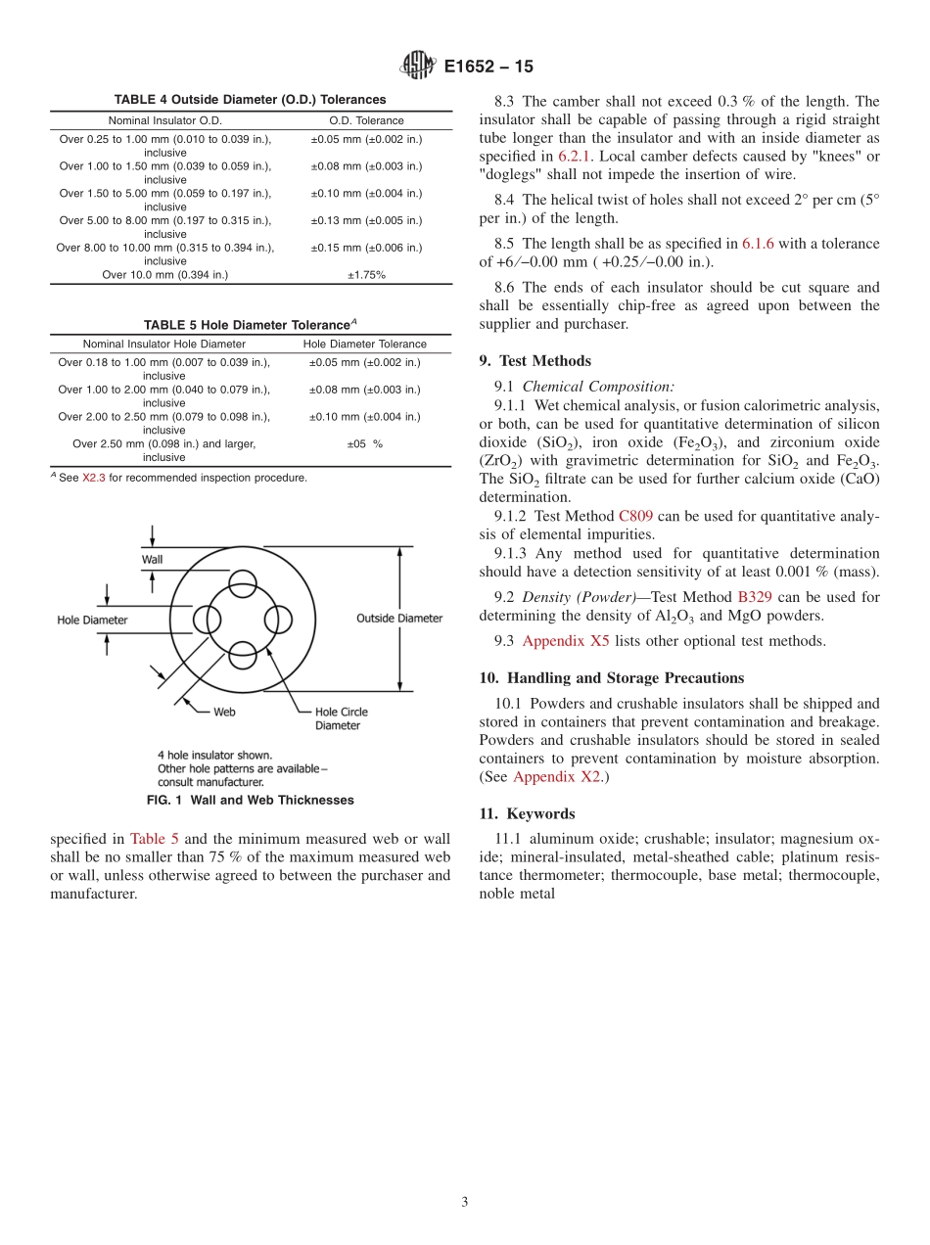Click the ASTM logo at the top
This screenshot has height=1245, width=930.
(x=419, y=67)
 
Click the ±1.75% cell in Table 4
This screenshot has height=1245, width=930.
(x=366, y=275)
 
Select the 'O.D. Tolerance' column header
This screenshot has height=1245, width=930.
(x=366, y=120)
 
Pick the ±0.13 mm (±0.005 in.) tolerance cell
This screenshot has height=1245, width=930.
(x=366, y=220)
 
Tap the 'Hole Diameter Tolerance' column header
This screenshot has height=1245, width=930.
(x=364, y=344)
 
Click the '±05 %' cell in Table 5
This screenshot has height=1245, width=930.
(x=364, y=443)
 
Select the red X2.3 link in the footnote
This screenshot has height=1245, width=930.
(x=93, y=478)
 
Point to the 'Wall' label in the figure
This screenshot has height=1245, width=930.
(x=152, y=559)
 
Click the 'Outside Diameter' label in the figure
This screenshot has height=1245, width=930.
(x=398, y=618)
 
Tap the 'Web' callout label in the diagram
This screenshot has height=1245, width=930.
(x=224, y=712)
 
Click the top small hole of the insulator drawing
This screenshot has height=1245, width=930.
(x=242, y=586)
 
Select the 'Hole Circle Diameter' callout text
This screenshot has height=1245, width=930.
(x=341, y=718)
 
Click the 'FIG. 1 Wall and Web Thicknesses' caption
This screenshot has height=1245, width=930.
(x=250, y=800)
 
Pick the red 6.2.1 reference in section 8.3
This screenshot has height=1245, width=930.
(x=575, y=157)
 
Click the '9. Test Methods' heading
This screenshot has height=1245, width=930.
(x=535, y=360)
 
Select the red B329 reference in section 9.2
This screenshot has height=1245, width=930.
(x=754, y=597)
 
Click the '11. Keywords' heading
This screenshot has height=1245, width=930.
(x=527, y=813)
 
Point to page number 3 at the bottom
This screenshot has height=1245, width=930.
(x=465, y=1202)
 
